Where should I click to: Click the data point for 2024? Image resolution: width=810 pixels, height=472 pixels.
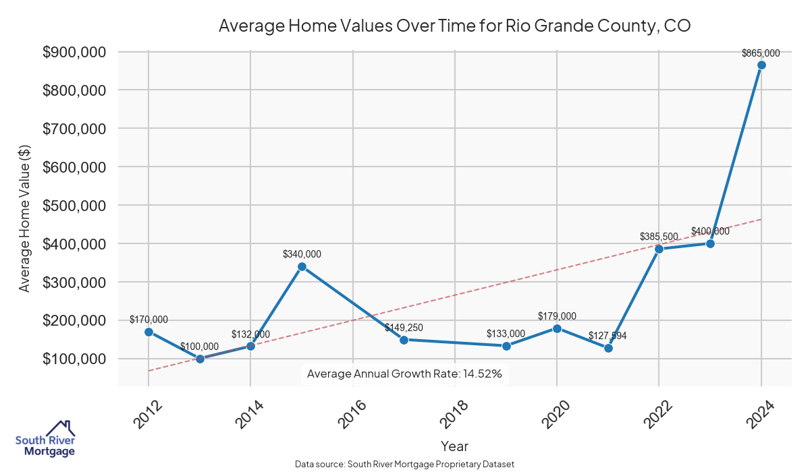pyautogui.click(x=761, y=65)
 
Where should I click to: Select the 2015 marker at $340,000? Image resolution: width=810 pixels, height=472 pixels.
pyautogui.click(x=302, y=266)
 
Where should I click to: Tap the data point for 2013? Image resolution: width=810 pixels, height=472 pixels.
pyautogui.click(x=200, y=359)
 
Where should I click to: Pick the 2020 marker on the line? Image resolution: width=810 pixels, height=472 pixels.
pyautogui.click(x=557, y=328)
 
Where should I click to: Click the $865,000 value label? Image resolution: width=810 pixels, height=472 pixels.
pyautogui.click(x=761, y=53)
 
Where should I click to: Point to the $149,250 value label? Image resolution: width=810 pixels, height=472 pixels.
pyautogui.click(x=404, y=328)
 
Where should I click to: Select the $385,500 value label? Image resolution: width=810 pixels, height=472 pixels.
pyautogui.click(x=659, y=237)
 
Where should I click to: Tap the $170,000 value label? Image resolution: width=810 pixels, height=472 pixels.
pyautogui.click(x=148, y=320)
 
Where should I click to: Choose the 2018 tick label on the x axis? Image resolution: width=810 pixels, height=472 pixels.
pyautogui.click(x=454, y=413)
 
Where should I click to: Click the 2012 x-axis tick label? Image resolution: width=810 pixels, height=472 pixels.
pyautogui.click(x=147, y=413)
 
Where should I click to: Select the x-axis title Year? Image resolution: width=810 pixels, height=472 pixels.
pyautogui.click(x=454, y=446)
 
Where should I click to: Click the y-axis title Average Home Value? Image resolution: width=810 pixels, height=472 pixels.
pyautogui.click(x=25, y=218)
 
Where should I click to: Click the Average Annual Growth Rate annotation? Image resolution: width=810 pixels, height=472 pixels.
pyautogui.click(x=404, y=374)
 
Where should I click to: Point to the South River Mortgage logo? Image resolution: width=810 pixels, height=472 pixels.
pyautogui.click(x=45, y=439)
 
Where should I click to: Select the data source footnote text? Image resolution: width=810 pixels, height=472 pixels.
pyautogui.click(x=404, y=464)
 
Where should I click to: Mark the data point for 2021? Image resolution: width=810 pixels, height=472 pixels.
pyautogui.click(x=608, y=348)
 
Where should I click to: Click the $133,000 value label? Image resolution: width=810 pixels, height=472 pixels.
pyautogui.click(x=506, y=334)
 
